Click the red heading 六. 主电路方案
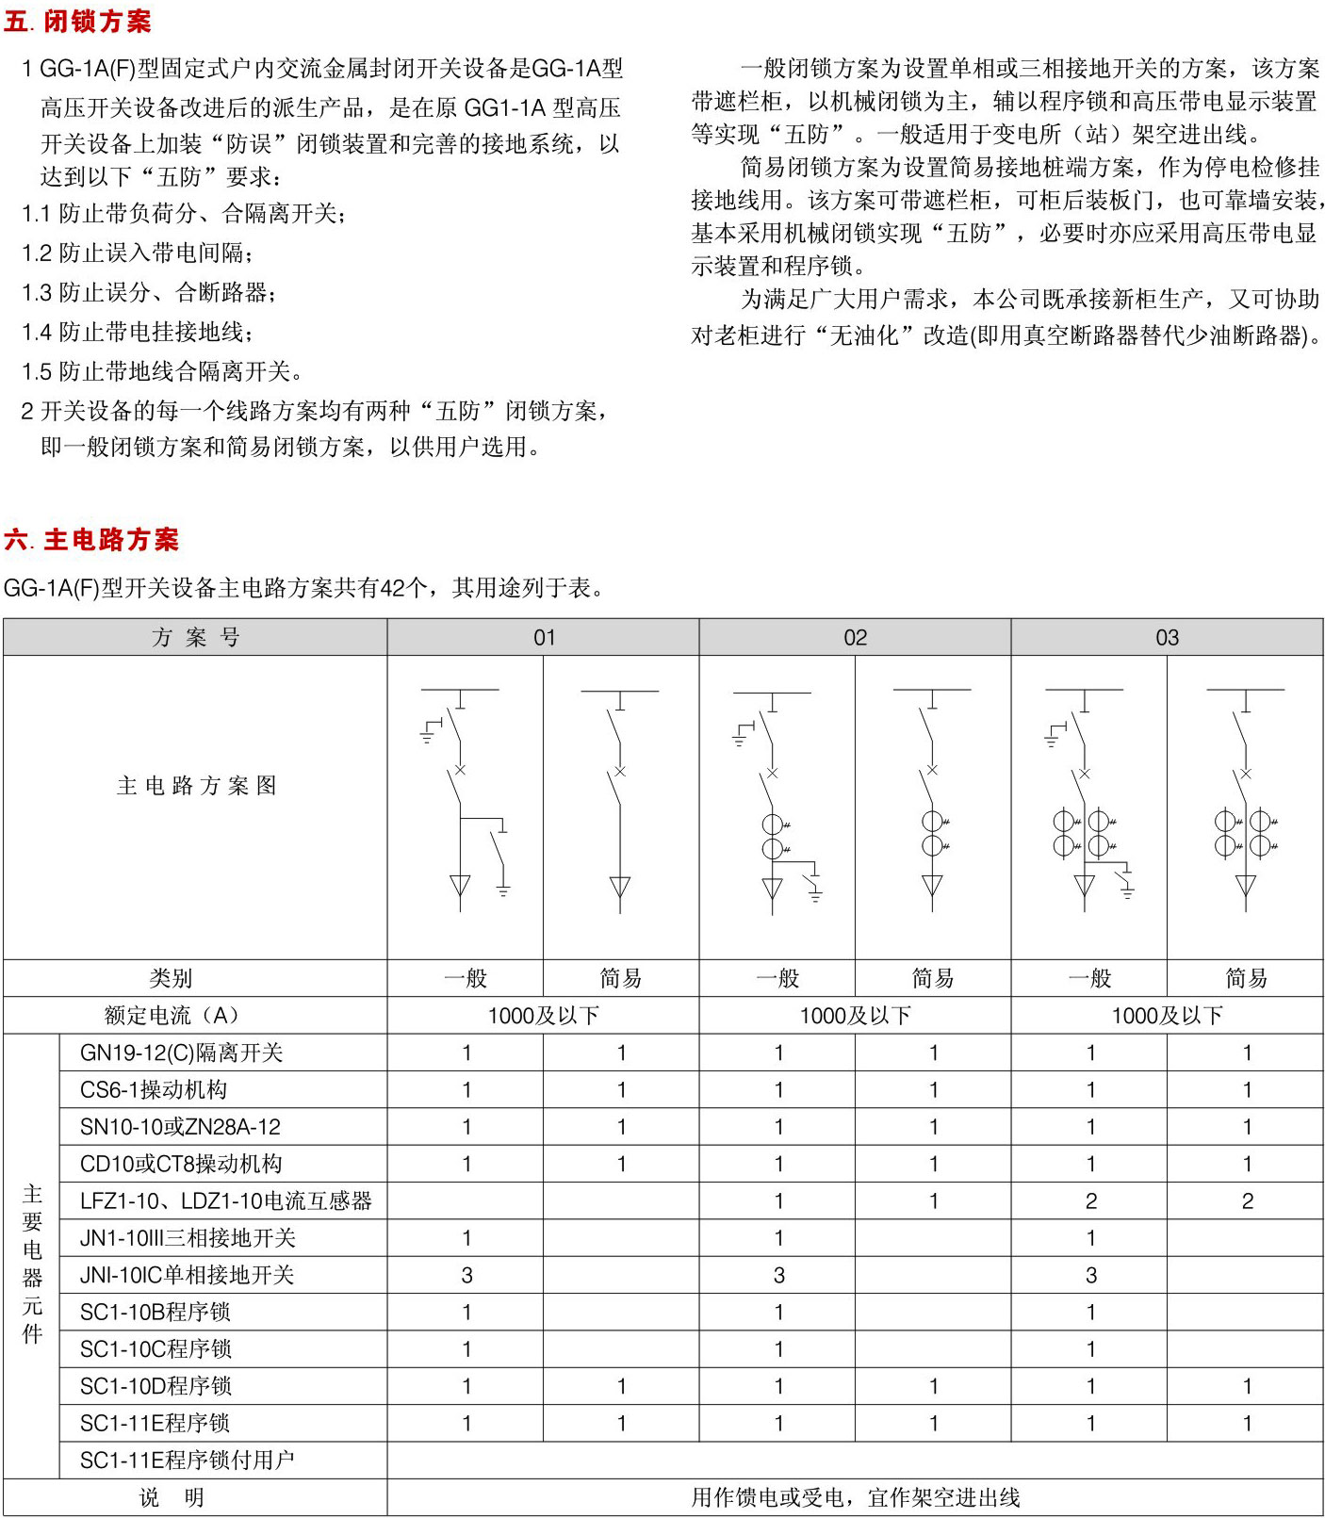[x=91, y=540]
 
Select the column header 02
[x=855, y=638]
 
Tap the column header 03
[x=1167, y=638]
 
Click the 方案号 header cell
[x=195, y=638]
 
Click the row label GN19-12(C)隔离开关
[x=181, y=1053]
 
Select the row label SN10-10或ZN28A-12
[x=180, y=1127]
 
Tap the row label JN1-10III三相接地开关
[x=188, y=1238]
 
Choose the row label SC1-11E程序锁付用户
[x=187, y=1460]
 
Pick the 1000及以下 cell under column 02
[x=855, y=1016]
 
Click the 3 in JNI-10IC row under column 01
[x=466, y=1275]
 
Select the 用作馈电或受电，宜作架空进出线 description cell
[x=855, y=1497]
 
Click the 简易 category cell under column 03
[x=1246, y=979]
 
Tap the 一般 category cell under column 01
[x=466, y=979]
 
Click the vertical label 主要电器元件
[x=32, y=1264]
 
